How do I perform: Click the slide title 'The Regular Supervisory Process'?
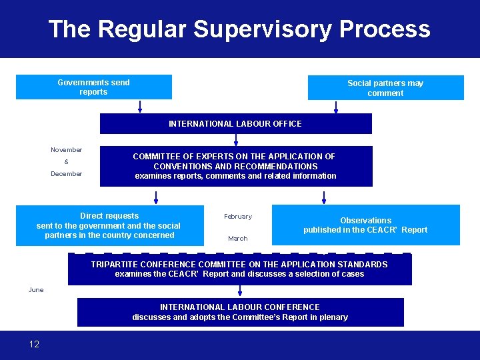pos(239,29)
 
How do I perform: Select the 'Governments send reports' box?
pos(93,87)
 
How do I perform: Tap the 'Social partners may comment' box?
pos(385,88)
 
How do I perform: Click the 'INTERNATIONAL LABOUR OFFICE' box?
pos(235,123)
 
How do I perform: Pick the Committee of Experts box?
pos(235,166)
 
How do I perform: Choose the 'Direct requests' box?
pos(109,225)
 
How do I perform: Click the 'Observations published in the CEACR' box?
pos(365,225)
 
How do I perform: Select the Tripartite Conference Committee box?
pos(239,269)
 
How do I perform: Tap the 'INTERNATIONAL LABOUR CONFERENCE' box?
pos(240,312)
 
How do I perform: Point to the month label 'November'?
pos(67,150)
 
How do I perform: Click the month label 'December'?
pos(67,174)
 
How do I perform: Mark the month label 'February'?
pos(238,217)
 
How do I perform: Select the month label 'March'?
pos(238,239)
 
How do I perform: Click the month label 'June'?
pos(36,290)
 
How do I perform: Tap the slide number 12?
pos(34,344)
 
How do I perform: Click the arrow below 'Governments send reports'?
pos(140,107)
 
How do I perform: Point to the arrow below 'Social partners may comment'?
pos(336,107)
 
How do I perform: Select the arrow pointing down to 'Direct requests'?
pos(156,197)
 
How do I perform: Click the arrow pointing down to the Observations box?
pos(324,197)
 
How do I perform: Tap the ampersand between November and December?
pos(66,162)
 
